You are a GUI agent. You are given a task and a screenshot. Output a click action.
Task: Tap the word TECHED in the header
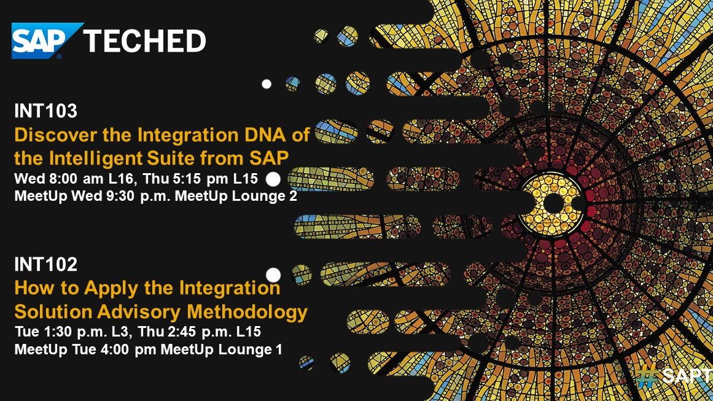[x=144, y=41]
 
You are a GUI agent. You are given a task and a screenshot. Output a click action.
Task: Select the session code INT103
[x=46, y=111]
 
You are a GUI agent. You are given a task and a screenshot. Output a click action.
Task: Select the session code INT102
[x=46, y=265]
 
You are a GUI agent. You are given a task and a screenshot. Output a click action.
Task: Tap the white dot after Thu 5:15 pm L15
[x=274, y=179]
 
